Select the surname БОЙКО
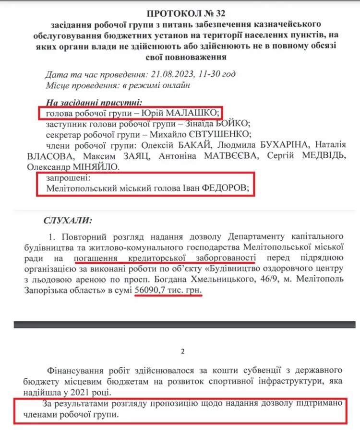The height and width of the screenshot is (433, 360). [x=235, y=123]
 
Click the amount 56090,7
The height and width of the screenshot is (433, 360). [x=152, y=291]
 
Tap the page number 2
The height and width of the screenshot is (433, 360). [x=182, y=351]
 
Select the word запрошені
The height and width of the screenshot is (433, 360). [x=65, y=178]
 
